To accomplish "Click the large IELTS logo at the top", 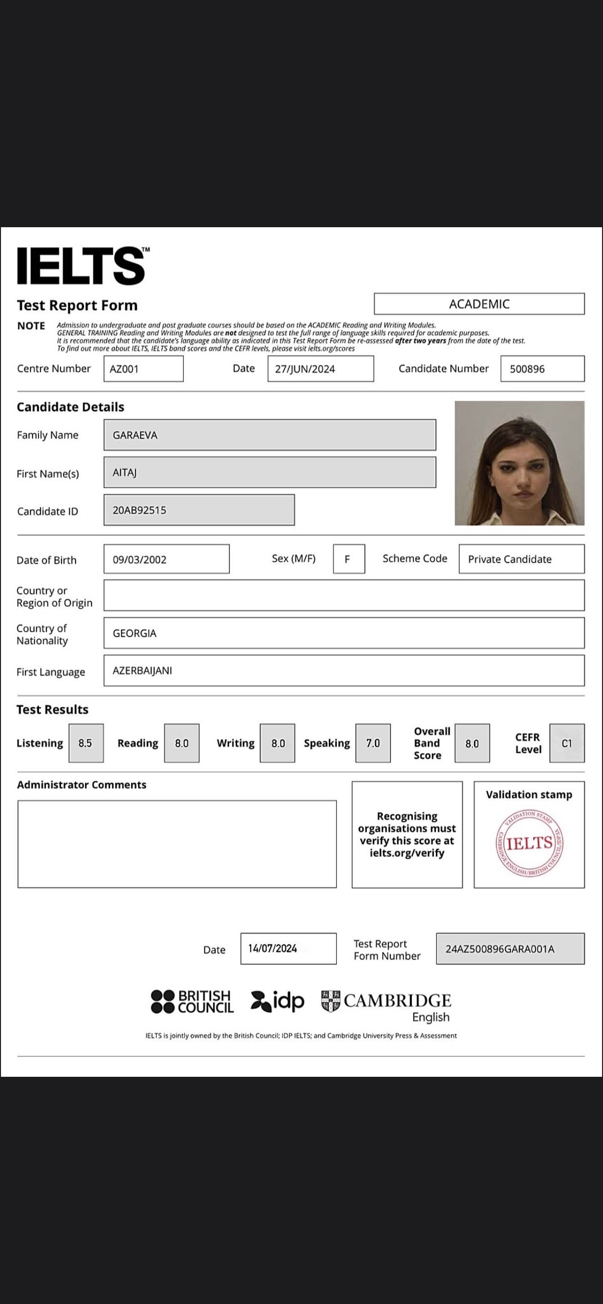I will pyautogui.click(x=81, y=266).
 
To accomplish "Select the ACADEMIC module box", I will pyautogui.click(x=479, y=304).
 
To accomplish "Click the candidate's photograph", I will pyautogui.click(x=519, y=463).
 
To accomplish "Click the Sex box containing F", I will pyautogui.click(x=349, y=559).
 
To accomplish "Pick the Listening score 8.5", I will pyautogui.click(x=86, y=743).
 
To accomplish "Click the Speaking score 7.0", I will pyautogui.click(x=373, y=743).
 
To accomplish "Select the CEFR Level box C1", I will pyautogui.click(x=566, y=743).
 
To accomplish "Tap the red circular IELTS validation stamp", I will pyautogui.click(x=530, y=844).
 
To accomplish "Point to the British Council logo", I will pyautogui.click(x=193, y=1002).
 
